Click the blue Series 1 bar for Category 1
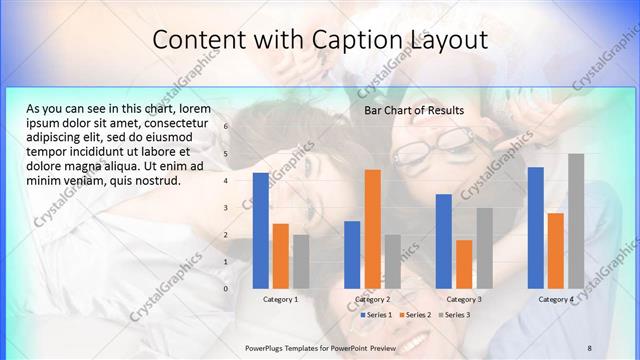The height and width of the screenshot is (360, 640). [261, 230]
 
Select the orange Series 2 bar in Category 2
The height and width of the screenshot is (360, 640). [372, 229]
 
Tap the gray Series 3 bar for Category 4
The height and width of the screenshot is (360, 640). [576, 221]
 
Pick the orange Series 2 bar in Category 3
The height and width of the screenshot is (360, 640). [464, 264]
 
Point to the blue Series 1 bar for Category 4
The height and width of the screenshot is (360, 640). [535, 227]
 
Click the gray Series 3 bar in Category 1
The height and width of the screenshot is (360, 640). [301, 261]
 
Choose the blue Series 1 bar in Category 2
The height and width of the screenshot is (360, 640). [352, 254]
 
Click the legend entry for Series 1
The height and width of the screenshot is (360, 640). [376, 315]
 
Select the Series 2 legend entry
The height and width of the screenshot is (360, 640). [415, 315]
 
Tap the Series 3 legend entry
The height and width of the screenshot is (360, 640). [454, 315]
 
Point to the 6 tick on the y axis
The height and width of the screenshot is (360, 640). [227, 127]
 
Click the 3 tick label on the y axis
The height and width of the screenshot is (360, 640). [227, 208]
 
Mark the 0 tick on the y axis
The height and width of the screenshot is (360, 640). [227, 289]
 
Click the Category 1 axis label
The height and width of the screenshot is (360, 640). [281, 299]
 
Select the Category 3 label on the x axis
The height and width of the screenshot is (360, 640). [464, 299]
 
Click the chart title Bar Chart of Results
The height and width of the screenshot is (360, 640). [414, 110]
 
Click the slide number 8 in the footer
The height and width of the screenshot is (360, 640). [589, 347]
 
